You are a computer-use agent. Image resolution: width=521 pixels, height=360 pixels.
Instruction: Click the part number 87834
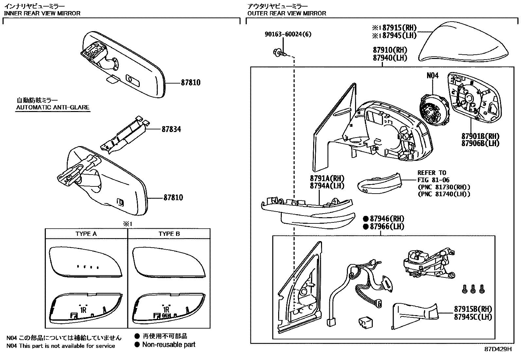coord(171,129)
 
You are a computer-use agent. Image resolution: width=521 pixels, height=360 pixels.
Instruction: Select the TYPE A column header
coord(86,234)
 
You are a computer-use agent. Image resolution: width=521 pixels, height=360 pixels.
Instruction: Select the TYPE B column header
coord(169,234)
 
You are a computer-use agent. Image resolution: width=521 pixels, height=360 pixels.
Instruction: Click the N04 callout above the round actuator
coord(432,75)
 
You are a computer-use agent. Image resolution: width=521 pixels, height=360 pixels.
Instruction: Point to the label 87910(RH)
coord(390,50)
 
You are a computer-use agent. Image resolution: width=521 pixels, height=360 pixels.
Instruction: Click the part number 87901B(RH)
coord(480,136)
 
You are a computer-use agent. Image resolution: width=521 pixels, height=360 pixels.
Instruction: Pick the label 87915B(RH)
coord(473,309)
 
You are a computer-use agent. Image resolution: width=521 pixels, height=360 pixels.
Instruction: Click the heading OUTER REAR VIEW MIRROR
coord(287,13)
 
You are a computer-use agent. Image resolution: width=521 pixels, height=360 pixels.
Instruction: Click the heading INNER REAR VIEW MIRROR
coord(42,13)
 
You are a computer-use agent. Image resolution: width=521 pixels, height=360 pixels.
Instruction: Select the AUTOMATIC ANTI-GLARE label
coord(53,107)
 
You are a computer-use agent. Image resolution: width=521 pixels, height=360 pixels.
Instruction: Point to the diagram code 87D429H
coord(498,349)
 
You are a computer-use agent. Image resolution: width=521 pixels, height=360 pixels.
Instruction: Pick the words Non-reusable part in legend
coord(169,344)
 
